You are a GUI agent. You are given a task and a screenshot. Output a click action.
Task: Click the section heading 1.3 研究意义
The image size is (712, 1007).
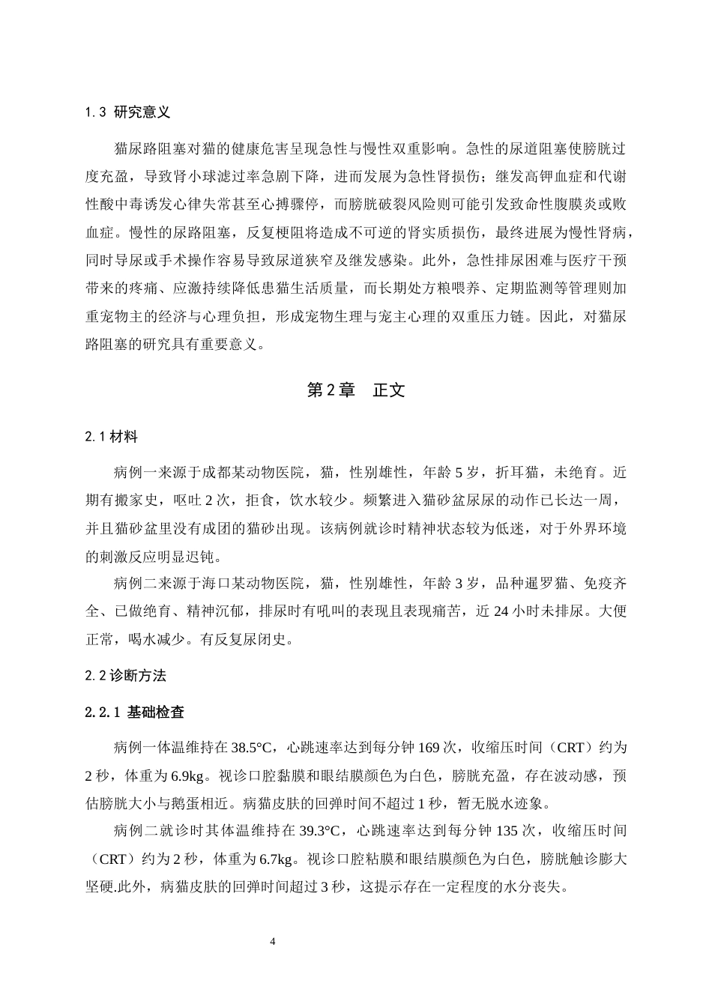point(128,112)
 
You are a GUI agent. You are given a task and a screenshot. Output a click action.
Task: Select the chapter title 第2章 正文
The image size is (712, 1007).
point(356,390)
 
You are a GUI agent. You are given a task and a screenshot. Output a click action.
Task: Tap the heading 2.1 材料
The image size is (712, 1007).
point(111,436)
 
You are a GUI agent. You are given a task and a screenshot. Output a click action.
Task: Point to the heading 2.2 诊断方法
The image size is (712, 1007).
point(125,676)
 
